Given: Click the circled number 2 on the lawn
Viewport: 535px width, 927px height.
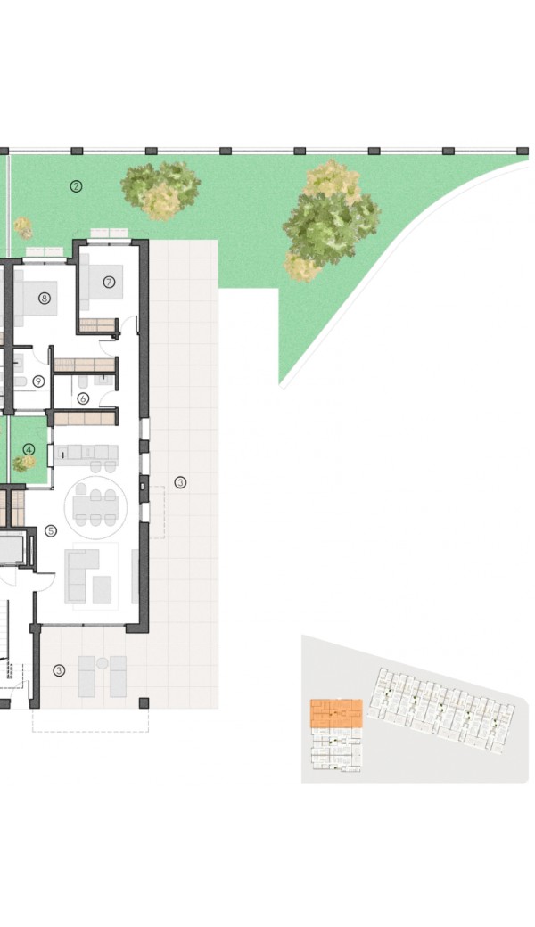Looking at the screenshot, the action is click(x=76, y=186).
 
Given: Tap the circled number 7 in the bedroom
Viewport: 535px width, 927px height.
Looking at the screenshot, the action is click(x=109, y=283).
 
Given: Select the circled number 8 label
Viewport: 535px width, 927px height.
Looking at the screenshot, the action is click(x=45, y=299).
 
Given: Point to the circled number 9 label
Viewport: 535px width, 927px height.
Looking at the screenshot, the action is click(x=39, y=381).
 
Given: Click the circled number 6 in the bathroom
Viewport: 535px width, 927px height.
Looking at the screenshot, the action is click(x=83, y=399).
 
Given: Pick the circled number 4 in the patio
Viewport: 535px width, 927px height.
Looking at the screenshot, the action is click(x=29, y=450).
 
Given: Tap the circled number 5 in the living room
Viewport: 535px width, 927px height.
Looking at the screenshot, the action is click(x=51, y=531).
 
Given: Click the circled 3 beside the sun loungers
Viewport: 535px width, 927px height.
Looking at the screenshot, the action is click(x=59, y=670).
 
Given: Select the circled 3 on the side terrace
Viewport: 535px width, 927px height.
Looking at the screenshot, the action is click(x=180, y=483).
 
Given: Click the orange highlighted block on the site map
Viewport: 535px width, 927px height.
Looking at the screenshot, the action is click(x=336, y=714).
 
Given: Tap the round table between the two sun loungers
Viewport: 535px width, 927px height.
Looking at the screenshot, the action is click(x=103, y=663).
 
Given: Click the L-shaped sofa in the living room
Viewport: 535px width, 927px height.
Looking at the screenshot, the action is click(x=80, y=576).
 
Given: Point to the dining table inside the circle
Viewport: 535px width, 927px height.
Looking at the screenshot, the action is click(x=95, y=506).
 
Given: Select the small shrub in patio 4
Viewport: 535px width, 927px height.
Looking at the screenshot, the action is click(x=24, y=463).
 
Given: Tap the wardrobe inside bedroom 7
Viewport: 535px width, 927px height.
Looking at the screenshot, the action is click(x=97, y=325).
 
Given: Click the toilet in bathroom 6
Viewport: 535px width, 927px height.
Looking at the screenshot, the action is click(x=83, y=381).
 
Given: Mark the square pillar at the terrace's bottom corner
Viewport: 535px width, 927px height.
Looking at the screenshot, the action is click(x=144, y=703).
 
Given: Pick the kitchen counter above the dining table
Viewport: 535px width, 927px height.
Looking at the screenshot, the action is click(x=86, y=452).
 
